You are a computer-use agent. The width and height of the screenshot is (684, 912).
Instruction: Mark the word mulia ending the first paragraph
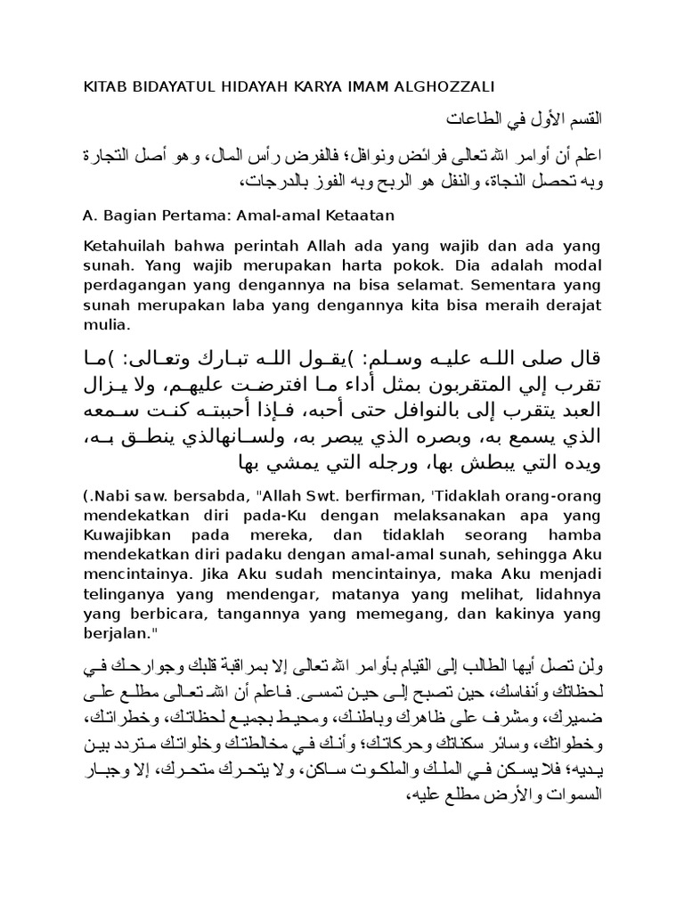[x=107, y=325]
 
